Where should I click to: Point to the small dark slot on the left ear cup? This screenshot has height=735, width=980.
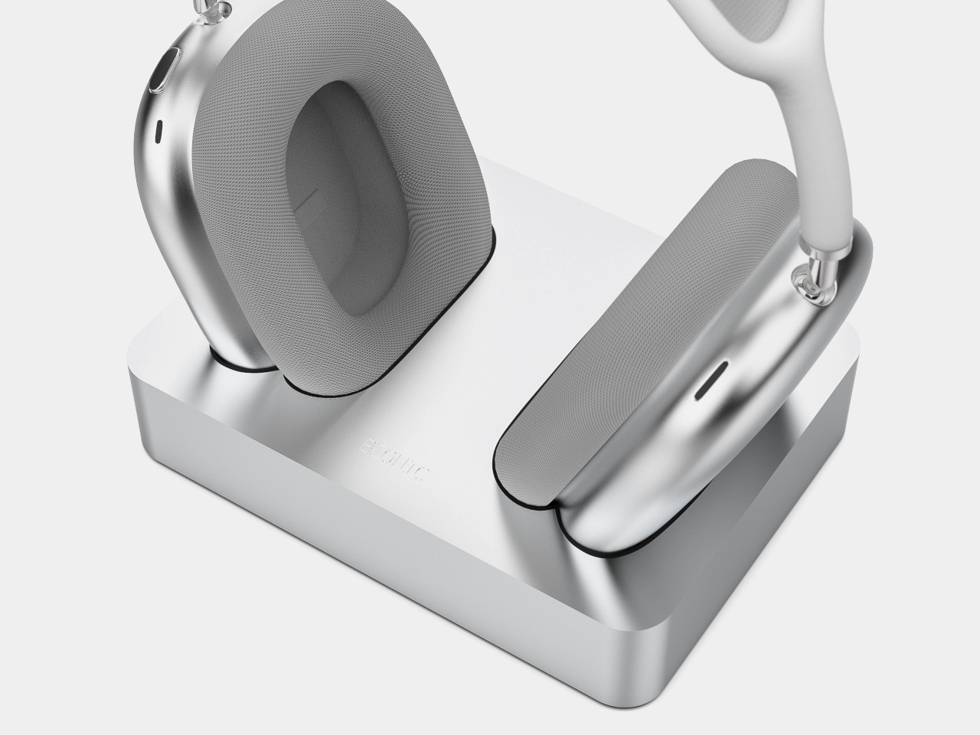(159, 132)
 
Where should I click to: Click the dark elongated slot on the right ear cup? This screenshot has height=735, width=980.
(710, 381)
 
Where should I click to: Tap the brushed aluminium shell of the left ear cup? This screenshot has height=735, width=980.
(165, 230)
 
